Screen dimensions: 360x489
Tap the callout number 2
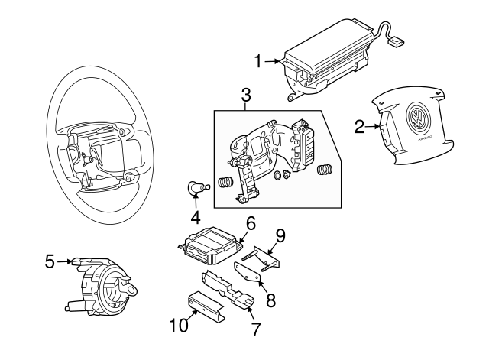point(359,127)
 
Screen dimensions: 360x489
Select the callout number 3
point(245,96)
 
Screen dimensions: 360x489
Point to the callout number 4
point(195,216)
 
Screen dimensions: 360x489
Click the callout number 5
point(50,261)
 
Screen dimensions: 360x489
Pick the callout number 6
point(250,224)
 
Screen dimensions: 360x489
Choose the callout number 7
point(255,329)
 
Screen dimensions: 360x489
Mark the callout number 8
point(270,299)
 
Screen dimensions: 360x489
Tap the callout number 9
point(280,236)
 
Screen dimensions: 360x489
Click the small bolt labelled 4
point(197,187)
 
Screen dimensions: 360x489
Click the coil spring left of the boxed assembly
point(225,184)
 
